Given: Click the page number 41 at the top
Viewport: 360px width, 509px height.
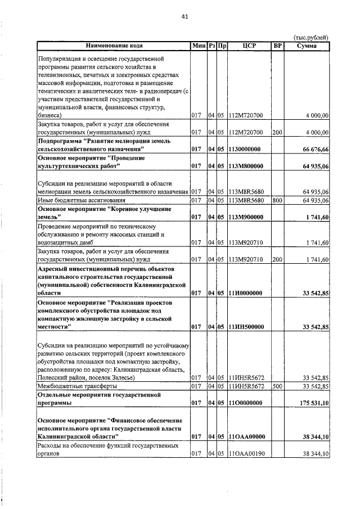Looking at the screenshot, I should [184, 16].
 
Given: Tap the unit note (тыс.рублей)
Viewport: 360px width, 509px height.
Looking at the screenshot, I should [311, 37].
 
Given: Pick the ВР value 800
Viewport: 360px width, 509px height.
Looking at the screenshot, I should [276, 200].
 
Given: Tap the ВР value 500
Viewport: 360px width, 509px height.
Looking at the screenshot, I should [276, 386].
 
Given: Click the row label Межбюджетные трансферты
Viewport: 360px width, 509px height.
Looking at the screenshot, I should [77, 386].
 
